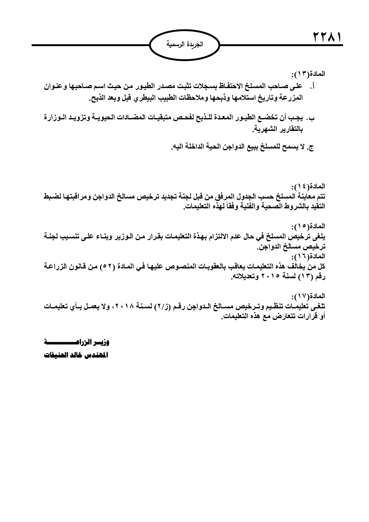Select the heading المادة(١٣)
click(x=308, y=74)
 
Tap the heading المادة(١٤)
click(x=308, y=187)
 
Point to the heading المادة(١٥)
click(x=308, y=227)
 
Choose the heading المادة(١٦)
click(x=308, y=256)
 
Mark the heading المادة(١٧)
click(x=308, y=296)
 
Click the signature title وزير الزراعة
click(x=77, y=343)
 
